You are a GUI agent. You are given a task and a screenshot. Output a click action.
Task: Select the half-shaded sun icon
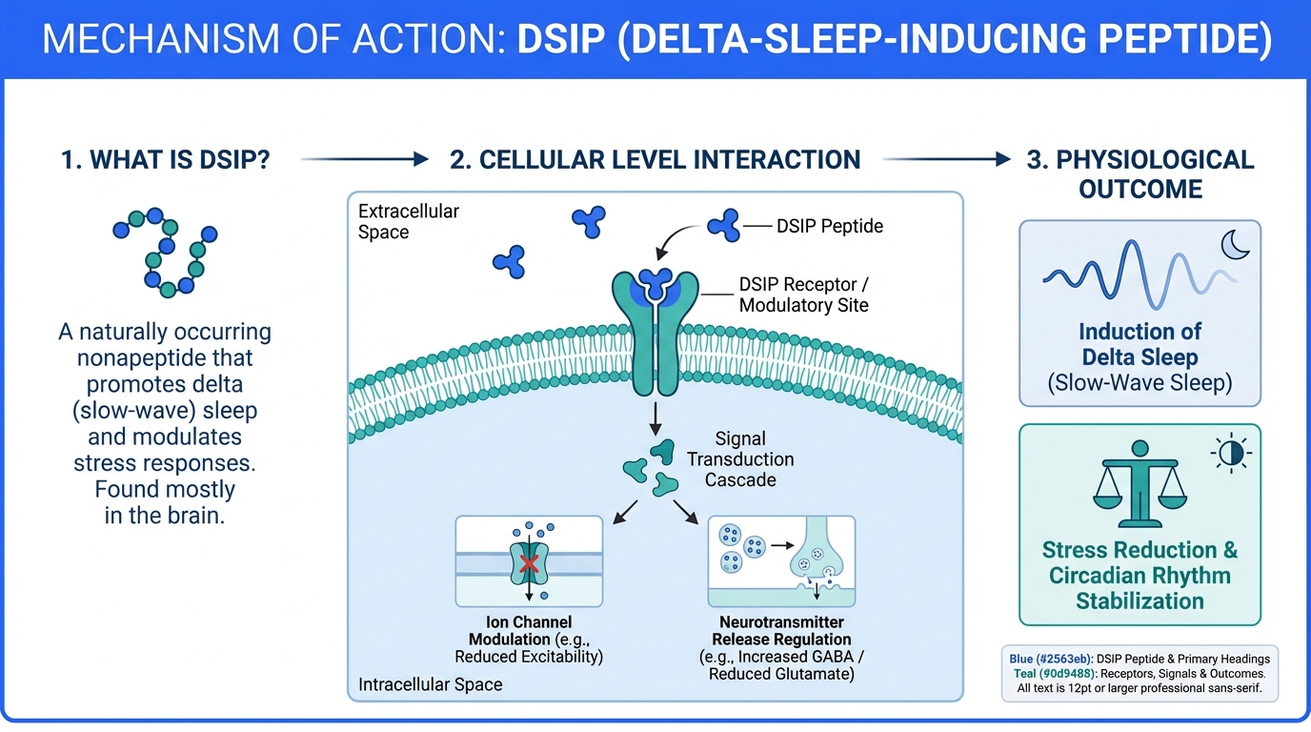point(1231,453)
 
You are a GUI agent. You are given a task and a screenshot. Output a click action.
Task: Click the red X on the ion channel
point(530,563)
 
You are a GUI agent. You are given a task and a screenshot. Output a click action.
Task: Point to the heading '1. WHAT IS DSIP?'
point(166,159)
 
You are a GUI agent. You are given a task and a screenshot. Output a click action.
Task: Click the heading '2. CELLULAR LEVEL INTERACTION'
point(655,159)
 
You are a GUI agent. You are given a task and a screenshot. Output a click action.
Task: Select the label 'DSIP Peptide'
point(830,226)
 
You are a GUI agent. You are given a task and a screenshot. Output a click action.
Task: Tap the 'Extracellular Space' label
point(409,221)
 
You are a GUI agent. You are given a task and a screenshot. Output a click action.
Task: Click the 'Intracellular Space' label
point(430,684)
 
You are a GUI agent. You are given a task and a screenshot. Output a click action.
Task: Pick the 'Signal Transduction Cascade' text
point(740,458)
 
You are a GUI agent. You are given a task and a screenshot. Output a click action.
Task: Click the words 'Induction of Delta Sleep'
point(1140,345)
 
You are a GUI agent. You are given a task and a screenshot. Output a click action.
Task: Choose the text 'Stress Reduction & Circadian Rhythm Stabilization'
point(1140,576)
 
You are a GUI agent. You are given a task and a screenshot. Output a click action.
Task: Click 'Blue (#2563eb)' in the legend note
point(1050,658)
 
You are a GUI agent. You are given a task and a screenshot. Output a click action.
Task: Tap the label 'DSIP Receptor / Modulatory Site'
point(804,295)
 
